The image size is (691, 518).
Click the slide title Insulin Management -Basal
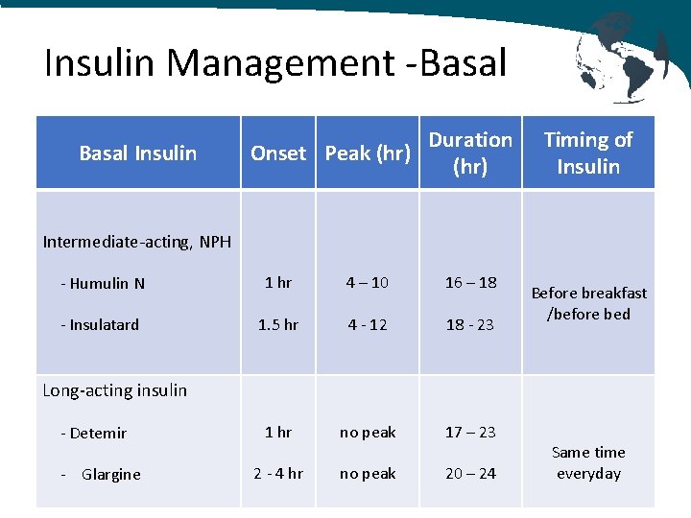[275, 63]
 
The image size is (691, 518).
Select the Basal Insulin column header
[137, 153]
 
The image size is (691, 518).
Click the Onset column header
[278, 153]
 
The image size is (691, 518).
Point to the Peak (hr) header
[368, 153]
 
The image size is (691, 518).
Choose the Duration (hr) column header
[470, 153]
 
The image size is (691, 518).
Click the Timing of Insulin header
[588, 153]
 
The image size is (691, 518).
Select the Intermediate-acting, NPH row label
[137, 242]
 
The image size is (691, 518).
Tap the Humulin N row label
[102, 283]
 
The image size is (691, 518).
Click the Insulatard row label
[99, 324]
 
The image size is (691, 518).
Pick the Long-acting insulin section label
[115, 390]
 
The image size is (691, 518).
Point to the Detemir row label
[93, 433]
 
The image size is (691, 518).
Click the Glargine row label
[101, 474]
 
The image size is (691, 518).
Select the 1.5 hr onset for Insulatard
[278, 324]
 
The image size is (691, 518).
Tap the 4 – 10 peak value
[368, 282]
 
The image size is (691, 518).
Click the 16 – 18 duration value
[470, 282]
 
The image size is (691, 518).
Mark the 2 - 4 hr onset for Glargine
[278, 473]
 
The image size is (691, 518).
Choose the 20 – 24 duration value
[470, 473]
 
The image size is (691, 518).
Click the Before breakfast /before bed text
[588, 303]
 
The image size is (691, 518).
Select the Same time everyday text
[588, 462]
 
